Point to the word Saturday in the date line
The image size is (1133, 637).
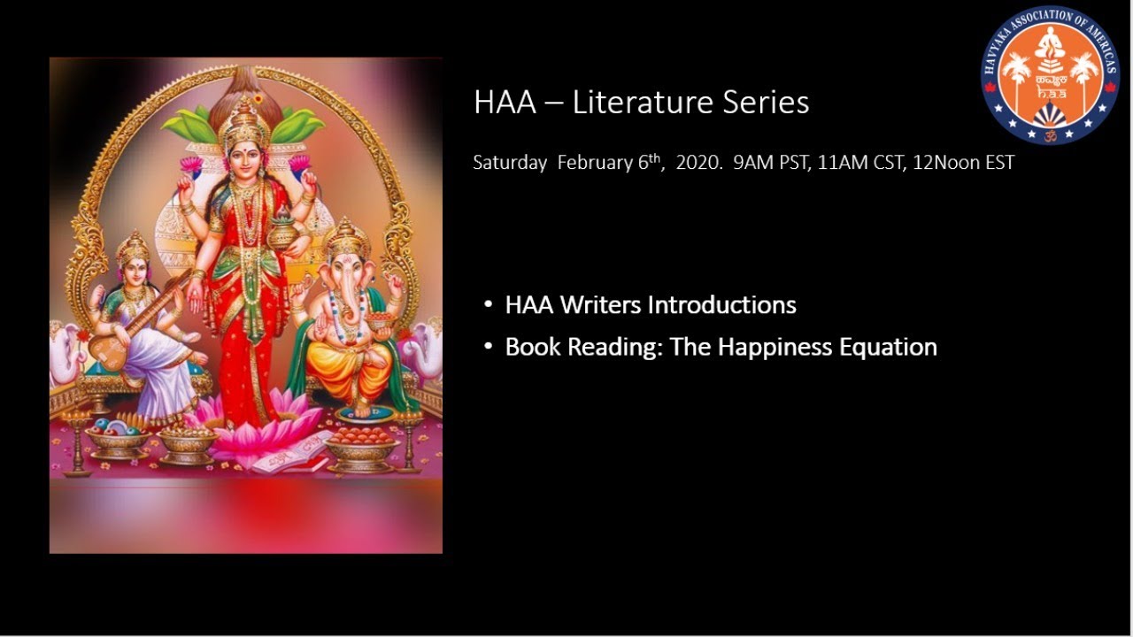coord(509,163)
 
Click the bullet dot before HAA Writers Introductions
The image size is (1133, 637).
coord(489,305)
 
